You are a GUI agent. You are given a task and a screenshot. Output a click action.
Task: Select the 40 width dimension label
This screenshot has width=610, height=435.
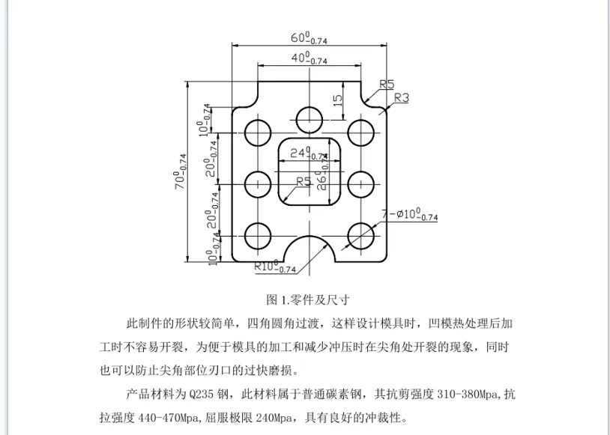pos(308,58)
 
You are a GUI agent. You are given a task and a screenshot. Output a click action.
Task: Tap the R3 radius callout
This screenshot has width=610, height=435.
pos(401,98)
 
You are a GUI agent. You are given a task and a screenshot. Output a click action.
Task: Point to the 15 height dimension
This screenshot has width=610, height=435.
pos(338,98)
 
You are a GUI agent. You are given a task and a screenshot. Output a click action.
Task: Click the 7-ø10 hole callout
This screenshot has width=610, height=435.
pos(409,216)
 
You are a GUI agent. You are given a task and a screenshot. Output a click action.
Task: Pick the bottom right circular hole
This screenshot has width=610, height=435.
pos(361,234)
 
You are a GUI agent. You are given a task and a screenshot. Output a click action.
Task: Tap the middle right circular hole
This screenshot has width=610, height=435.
pos(361,182)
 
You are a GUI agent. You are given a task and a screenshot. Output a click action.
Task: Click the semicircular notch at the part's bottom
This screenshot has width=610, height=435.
pos(309,252)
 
